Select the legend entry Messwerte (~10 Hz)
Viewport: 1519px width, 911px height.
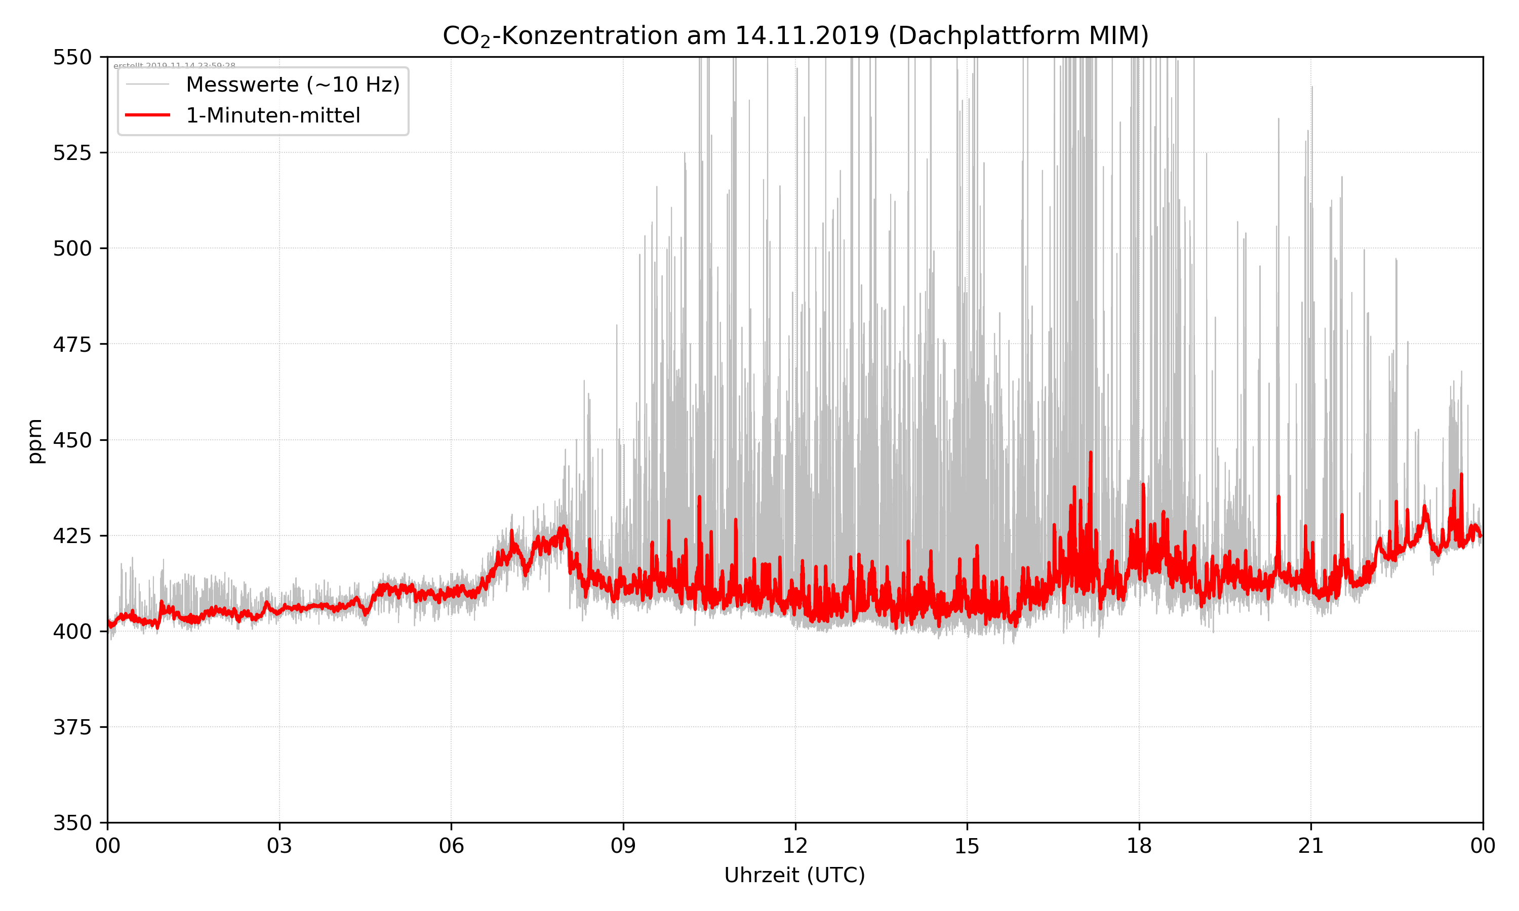pyautogui.click(x=292, y=85)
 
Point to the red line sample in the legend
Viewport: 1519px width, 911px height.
pyautogui.click(x=147, y=115)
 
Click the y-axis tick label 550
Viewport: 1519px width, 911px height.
pyautogui.click(x=72, y=57)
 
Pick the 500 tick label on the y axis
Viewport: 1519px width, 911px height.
pyautogui.click(x=72, y=249)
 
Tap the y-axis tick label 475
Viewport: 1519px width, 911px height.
pyautogui.click(x=72, y=344)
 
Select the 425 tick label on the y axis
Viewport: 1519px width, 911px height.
pyautogui.click(x=72, y=536)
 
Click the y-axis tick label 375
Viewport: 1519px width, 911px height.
pyautogui.click(x=72, y=727)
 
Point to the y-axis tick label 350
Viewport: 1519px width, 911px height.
pyautogui.click(x=72, y=823)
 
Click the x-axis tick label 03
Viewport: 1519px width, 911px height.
pyautogui.click(x=279, y=846)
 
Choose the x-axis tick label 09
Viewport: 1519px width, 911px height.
pyautogui.click(x=623, y=846)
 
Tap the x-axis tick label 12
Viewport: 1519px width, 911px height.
pyautogui.click(x=795, y=846)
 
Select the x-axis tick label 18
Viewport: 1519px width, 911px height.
pyautogui.click(x=1139, y=846)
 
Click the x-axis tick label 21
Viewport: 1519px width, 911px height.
pyautogui.click(x=1311, y=846)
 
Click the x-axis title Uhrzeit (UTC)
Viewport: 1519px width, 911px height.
pyautogui.click(x=794, y=876)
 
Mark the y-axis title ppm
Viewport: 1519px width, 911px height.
pyautogui.click(x=35, y=441)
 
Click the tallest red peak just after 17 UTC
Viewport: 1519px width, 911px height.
pyautogui.click(x=1091, y=453)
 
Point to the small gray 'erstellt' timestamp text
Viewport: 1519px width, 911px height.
pyautogui.click(x=174, y=65)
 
